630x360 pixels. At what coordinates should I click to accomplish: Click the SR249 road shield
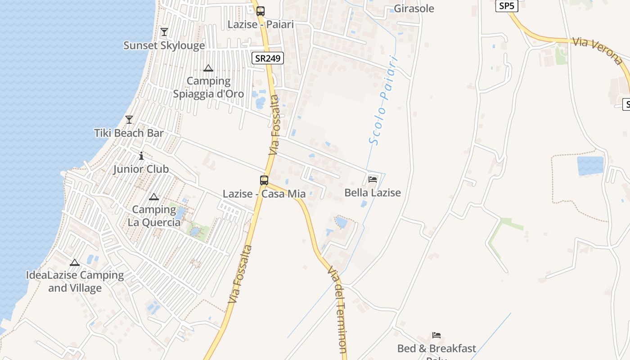click(267, 58)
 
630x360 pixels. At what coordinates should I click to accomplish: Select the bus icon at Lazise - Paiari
click(261, 11)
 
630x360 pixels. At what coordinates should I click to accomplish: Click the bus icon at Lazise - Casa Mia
click(264, 180)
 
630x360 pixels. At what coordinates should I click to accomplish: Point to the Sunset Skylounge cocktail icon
click(164, 32)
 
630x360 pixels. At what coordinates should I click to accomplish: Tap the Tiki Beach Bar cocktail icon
click(129, 120)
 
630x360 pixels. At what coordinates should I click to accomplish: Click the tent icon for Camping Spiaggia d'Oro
click(208, 68)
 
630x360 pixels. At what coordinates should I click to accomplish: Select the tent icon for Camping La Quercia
click(154, 197)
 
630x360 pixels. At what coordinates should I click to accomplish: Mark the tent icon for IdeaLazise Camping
click(75, 262)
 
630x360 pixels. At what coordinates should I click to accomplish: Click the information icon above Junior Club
click(141, 156)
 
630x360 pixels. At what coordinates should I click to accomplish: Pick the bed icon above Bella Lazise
click(373, 179)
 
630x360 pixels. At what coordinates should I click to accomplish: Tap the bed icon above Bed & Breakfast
click(436, 335)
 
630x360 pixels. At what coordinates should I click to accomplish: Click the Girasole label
click(414, 9)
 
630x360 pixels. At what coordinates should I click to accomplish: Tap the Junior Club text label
click(141, 169)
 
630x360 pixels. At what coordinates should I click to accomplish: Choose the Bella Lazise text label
click(373, 193)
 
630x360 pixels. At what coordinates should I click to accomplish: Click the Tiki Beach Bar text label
click(129, 133)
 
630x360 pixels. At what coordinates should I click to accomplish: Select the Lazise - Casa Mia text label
click(264, 194)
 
